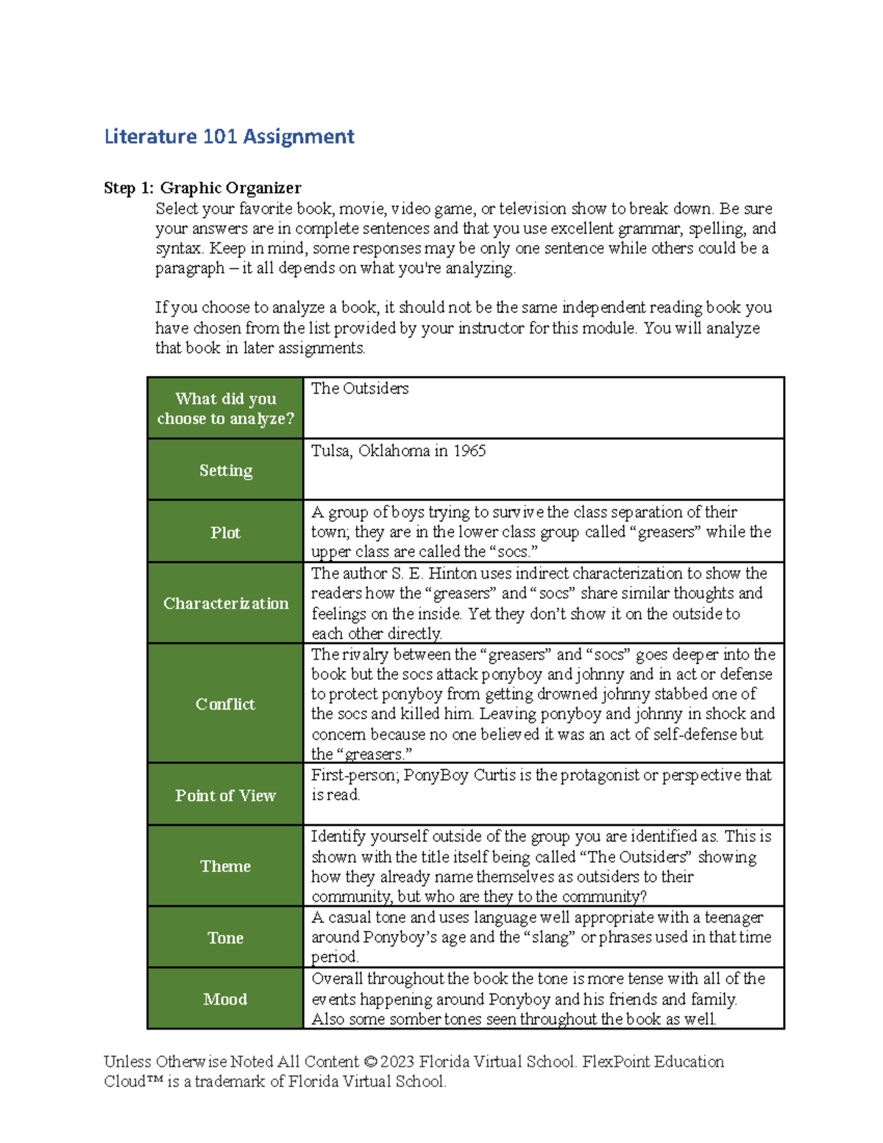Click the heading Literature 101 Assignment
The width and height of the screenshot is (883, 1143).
pos(229,136)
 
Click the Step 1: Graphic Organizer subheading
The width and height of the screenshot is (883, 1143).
pos(202,188)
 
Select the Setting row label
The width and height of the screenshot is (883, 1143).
pos(225,470)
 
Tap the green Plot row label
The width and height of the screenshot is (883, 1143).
pos(225,532)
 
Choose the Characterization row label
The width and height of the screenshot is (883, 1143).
pos(225,604)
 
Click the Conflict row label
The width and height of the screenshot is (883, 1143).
pos(225,704)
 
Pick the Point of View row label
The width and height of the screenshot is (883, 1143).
pos(225,796)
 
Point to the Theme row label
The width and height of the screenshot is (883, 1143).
pos(225,866)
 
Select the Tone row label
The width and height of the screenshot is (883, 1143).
pos(225,938)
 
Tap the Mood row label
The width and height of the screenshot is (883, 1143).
pos(225,999)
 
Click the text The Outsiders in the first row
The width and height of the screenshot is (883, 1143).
pos(360,389)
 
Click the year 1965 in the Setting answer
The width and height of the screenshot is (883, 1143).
pos(469,450)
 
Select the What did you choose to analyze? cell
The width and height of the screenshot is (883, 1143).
pos(225,408)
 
